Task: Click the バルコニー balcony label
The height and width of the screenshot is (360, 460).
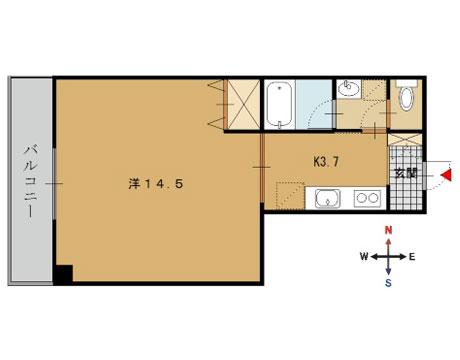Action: pyautogui.click(x=30, y=181)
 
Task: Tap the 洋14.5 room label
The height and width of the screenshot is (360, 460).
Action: pyautogui.click(x=156, y=184)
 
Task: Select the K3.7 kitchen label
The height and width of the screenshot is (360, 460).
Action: pyautogui.click(x=326, y=162)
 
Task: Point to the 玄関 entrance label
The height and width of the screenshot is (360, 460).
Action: pyautogui.click(x=406, y=173)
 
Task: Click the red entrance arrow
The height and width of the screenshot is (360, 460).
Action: pyautogui.click(x=446, y=175)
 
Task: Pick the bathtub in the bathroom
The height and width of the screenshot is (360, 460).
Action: pyautogui.click(x=280, y=105)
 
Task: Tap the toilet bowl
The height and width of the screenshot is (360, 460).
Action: pyautogui.click(x=406, y=98)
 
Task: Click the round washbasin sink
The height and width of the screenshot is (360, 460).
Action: pyautogui.click(x=349, y=89)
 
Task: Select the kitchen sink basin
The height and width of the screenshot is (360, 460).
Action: pyautogui.click(x=328, y=199)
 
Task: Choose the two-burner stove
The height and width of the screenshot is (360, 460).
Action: pyautogui.click(x=367, y=198)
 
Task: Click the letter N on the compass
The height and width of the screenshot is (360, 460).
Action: pyautogui.click(x=388, y=230)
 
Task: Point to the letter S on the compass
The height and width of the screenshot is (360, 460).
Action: pyautogui.click(x=388, y=283)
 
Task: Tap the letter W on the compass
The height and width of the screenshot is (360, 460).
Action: pyautogui.click(x=364, y=257)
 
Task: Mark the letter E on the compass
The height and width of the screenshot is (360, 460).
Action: pyautogui.click(x=412, y=257)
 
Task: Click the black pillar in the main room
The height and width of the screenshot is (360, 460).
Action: pyautogui.click(x=63, y=274)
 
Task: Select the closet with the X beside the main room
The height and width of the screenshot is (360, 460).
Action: pyautogui.click(x=243, y=104)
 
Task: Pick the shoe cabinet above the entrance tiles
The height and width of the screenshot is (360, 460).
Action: pyautogui.click(x=405, y=140)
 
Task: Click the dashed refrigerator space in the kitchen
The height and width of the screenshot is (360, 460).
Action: pyautogui.click(x=290, y=196)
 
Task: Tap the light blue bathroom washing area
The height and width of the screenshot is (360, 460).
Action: pyautogui.click(x=314, y=104)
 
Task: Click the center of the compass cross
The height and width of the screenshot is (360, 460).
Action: pyautogui.click(x=388, y=257)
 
